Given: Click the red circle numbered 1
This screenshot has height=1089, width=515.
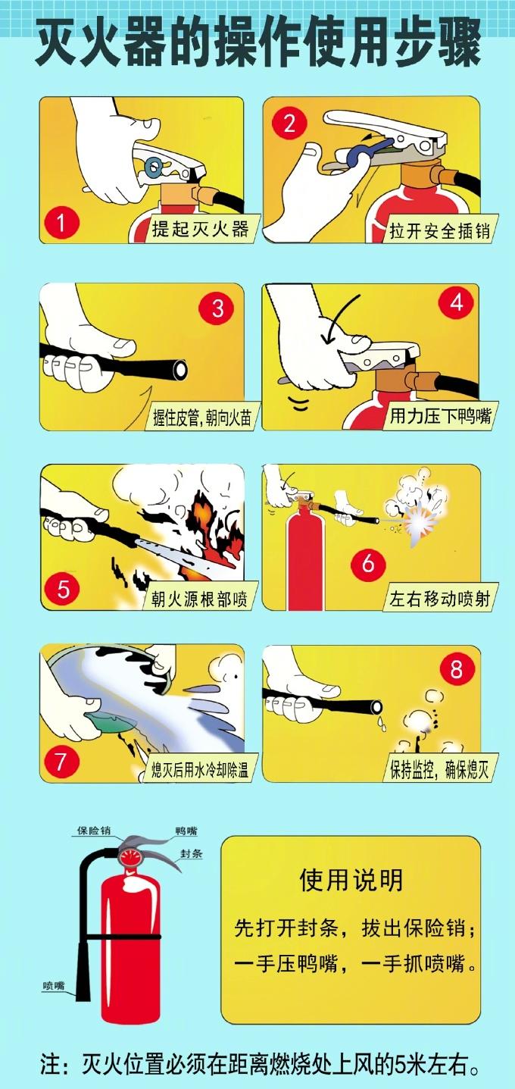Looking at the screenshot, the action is [61, 224].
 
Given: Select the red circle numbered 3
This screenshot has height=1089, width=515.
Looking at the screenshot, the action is [217, 308].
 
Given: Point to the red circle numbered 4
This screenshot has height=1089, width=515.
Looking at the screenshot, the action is [456, 302].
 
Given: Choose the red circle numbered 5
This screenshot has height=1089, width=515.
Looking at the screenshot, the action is [63, 590].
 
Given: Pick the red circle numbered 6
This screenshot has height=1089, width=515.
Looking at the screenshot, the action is [368, 563].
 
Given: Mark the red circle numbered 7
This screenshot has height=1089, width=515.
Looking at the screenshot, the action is [61, 762].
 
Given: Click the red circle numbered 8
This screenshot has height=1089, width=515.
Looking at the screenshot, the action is [456, 669].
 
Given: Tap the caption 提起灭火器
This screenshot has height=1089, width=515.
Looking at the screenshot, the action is [201, 228].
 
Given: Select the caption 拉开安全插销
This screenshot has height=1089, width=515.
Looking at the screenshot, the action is [440, 230].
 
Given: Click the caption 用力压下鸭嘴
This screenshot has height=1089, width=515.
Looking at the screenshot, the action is [441, 415].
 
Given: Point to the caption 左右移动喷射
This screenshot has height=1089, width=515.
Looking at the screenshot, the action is [440, 599].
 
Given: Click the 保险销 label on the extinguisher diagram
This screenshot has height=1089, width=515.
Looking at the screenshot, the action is [94, 831].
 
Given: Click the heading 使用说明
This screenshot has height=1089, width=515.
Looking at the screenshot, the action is [351, 880].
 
